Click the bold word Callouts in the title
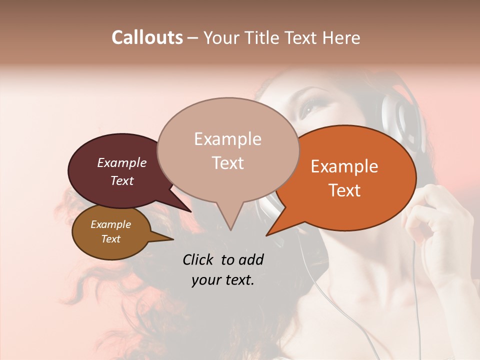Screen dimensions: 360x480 (x=147, y=37)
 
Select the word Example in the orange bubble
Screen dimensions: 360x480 (x=344, y=166)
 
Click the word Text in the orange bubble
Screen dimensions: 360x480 (x=344, y=190)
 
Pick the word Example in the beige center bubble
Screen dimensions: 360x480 (x=227, y=139)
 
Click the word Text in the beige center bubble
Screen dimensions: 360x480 (x=227, y=163)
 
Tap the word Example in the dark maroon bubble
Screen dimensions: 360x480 (x=121, y=162)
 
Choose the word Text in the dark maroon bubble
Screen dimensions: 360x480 (x=121, y=180)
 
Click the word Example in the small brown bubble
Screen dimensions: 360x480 (x=110, y=224)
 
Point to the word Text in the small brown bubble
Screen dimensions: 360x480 (x=110, y=239)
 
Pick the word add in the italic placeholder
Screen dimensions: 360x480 (x=252, y=259)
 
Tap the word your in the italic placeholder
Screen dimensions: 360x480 (x=205, y=280)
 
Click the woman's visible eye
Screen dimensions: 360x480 (x=307, y=106)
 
